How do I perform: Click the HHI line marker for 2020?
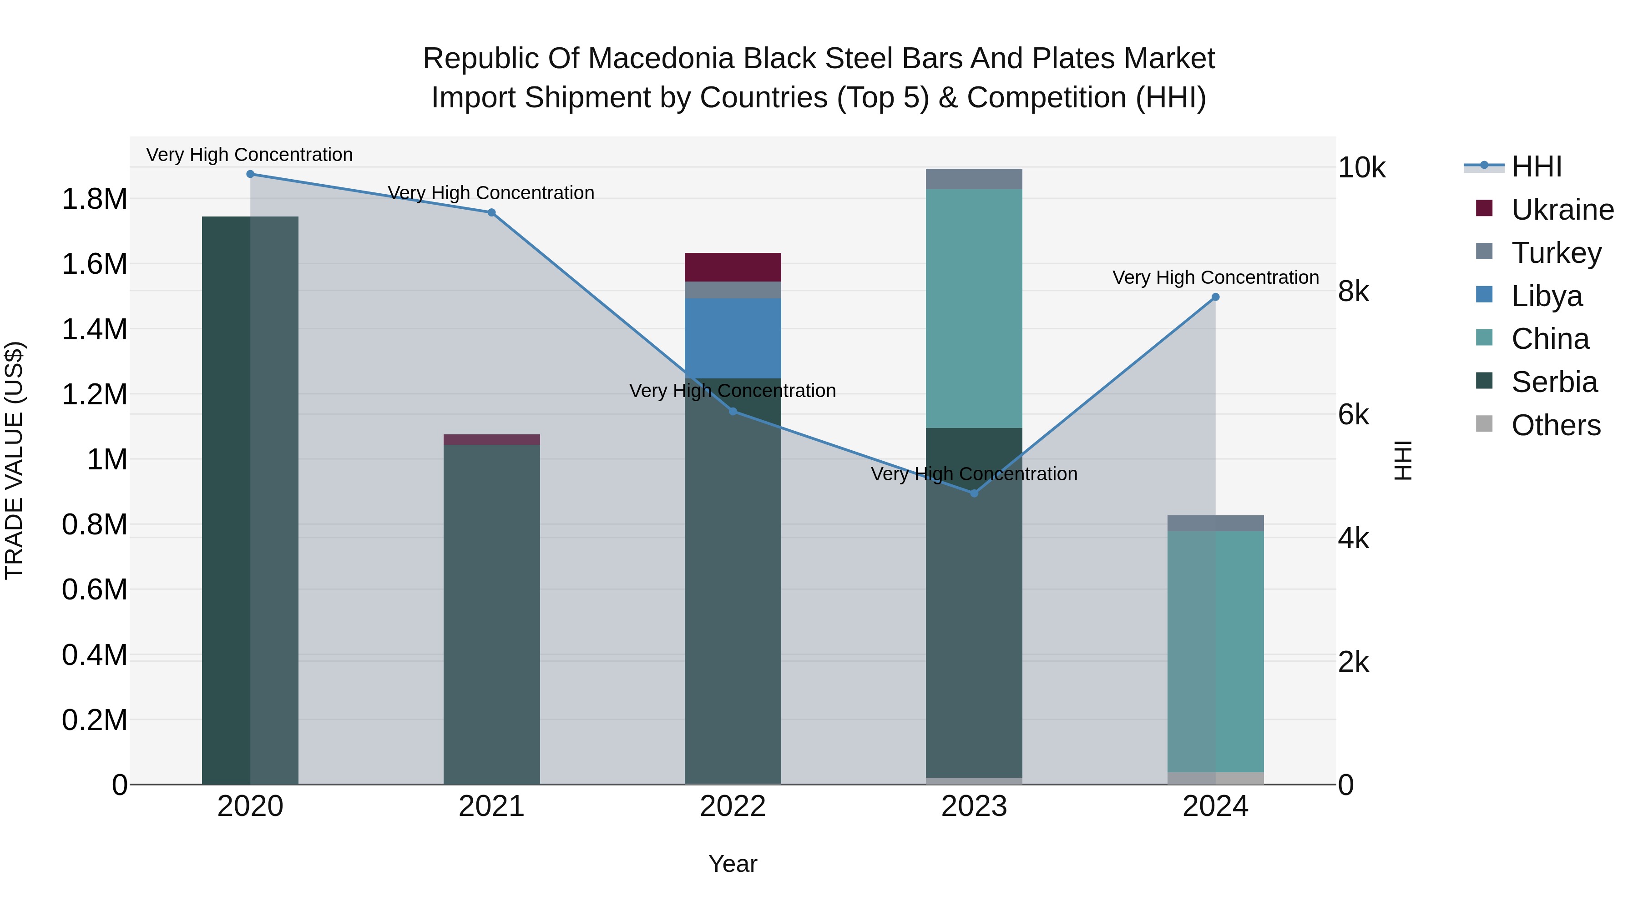tap(250, 174)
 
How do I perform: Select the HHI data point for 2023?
tap(974, 493)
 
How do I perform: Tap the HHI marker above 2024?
tap(1215, 297)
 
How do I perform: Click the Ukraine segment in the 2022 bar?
tap(733, 267)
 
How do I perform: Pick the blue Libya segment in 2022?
tap(733, 338)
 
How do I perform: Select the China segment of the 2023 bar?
tap(974, 308)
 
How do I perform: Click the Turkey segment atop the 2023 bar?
tap(974, 179)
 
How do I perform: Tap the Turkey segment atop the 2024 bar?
tap(1215, 523)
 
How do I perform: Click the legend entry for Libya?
tap(1547, 296)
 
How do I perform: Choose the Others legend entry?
tap(1555, 425)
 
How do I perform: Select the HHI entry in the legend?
tap(1536, 166)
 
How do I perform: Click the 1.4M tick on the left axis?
tap(94, 329)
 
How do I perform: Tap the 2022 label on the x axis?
tap(733, 806)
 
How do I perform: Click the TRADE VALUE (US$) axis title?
tap(14, 460)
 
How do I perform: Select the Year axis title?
tap(733, 864)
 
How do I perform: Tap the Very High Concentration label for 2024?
tap(1215, 278)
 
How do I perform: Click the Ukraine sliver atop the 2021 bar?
tap(491, 439)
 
